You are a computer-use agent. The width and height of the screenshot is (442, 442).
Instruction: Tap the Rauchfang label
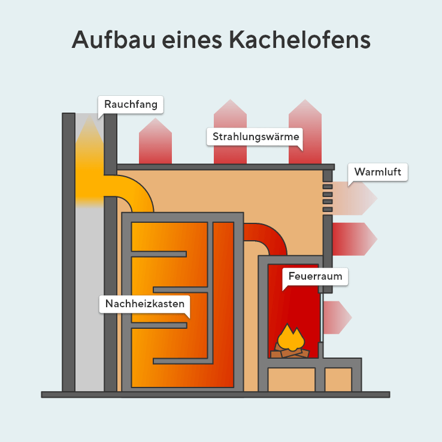point(131,104)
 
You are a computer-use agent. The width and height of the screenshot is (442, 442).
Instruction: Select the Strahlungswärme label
point(256,137)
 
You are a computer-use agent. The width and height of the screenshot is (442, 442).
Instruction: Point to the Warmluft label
point(377,172)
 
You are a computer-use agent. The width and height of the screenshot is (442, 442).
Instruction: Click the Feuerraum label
point(314,276)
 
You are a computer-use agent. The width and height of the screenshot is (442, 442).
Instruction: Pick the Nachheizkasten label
point(144,304)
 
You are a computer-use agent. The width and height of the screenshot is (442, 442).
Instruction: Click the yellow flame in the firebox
point(290,338)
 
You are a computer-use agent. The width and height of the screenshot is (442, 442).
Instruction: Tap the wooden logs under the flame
point(290,353)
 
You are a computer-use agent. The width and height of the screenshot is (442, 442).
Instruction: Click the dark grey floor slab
point(216,394)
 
